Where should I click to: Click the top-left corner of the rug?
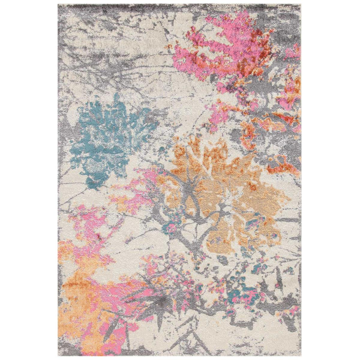(59, 5)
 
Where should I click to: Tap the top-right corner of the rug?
(301, 5)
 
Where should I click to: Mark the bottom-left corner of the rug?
(59, 355)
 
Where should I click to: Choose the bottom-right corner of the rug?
(301, 355)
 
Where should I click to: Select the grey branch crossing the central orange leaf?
(207, 210)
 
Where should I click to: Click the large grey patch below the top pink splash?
(252, 90)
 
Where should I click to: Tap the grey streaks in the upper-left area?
(96, 66)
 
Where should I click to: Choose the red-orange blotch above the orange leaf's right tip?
(282, 165)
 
